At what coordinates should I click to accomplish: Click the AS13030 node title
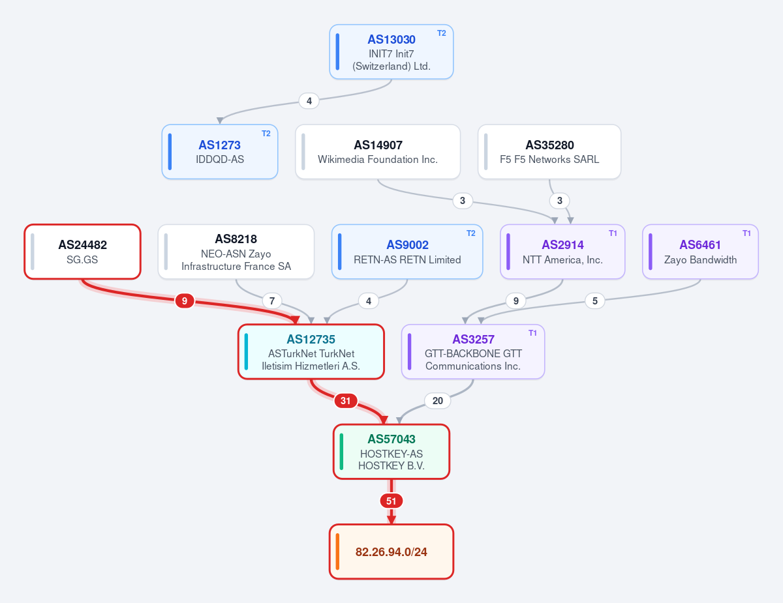(x=391, y=40)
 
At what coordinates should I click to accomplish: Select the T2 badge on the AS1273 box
(x=266, y=134)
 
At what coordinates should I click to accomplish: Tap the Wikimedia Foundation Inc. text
(x=378, y=160)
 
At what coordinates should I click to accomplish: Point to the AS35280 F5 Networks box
(x=549, y=151)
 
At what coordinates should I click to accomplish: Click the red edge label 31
(x=346, y=401)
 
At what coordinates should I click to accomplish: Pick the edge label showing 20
(x=437, y=401)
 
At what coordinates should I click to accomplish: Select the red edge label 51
(x=391, y=501)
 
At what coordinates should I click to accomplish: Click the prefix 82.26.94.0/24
(x=391, y=552)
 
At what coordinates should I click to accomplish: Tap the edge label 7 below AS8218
(x=272, y=301)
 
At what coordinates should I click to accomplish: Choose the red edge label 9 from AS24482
(x=185, y=301)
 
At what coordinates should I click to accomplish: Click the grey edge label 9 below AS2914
(x=515, y=301)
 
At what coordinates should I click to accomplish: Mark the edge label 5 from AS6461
(x=595, y=301)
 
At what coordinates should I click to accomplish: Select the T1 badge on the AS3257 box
(x=532, y=333)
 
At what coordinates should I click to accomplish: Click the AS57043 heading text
(x=391, y=439)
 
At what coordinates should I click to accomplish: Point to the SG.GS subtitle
(x=82, y=259)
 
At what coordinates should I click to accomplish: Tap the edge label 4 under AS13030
(x=309, y=101)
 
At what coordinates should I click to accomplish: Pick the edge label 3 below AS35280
(x=560, y=201)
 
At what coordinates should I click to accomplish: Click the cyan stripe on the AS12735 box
(x=246, y=352)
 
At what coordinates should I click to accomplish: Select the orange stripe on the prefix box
(x=337, y=552)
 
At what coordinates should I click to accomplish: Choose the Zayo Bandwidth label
(x=701, y=260)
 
